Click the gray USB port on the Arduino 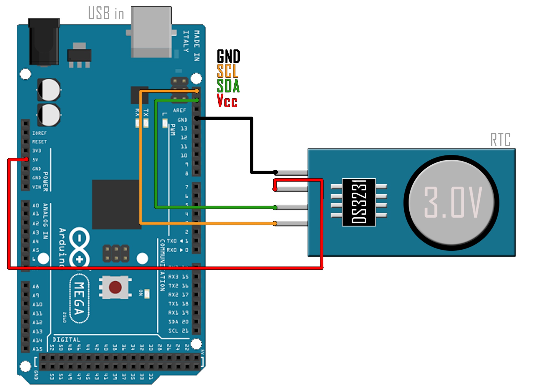(x=151, y=32)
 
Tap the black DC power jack (x=44, y=42)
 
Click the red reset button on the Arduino (x=115, y=287)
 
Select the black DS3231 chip (x=359, y=202)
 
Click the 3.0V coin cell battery (x=452, y=203)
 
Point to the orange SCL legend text (x=227, y=71)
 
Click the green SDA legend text (x=228, y=86)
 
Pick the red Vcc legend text (x=227, y=100)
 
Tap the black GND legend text (x=228, y=57)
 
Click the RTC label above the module (x=500, y=140)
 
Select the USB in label (x=106, y=13)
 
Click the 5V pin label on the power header (x=35, y=160)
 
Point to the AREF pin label (x=179, y=110)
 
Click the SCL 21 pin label (x=178, y=331)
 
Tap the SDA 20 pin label (x=178, y=322)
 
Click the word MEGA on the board (x=79, y=298)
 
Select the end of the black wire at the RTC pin (x=275, y=172)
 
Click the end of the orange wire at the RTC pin (x=275, y=223)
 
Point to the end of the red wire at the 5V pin (x=26, y=159)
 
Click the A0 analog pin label (x=36, y=205)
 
